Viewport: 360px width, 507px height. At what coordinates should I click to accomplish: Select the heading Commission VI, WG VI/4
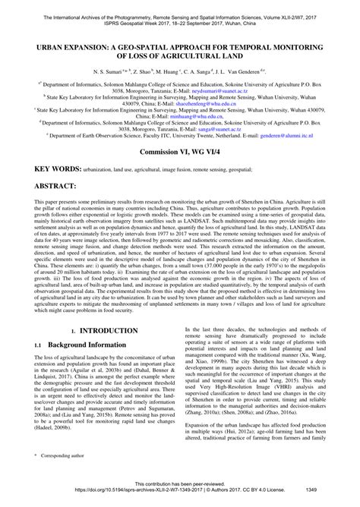click(180, 174)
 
